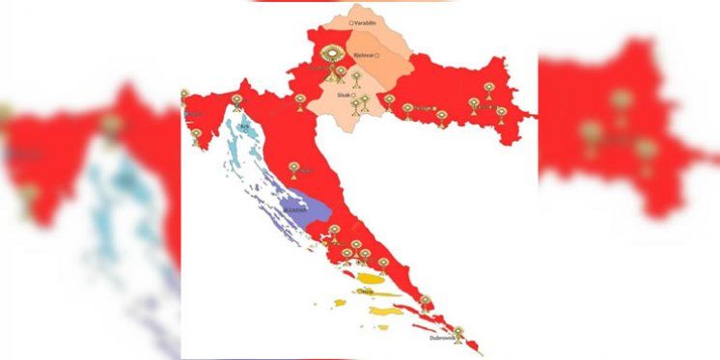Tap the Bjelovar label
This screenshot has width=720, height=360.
pos(363,55)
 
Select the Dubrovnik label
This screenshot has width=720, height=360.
pos(442,338)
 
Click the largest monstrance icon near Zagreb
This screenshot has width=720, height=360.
pos(333,55)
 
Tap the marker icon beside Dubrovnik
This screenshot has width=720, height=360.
pos(458,334)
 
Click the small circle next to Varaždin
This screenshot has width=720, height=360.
pos(351,21)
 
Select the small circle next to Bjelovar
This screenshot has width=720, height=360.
pos(378,55)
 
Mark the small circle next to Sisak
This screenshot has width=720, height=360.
pos(354,94)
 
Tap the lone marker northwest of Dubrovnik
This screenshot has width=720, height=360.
pos(425,302)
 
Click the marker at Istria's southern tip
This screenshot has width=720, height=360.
pos(196,135)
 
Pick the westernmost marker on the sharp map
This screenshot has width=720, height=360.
pos(184,96)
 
